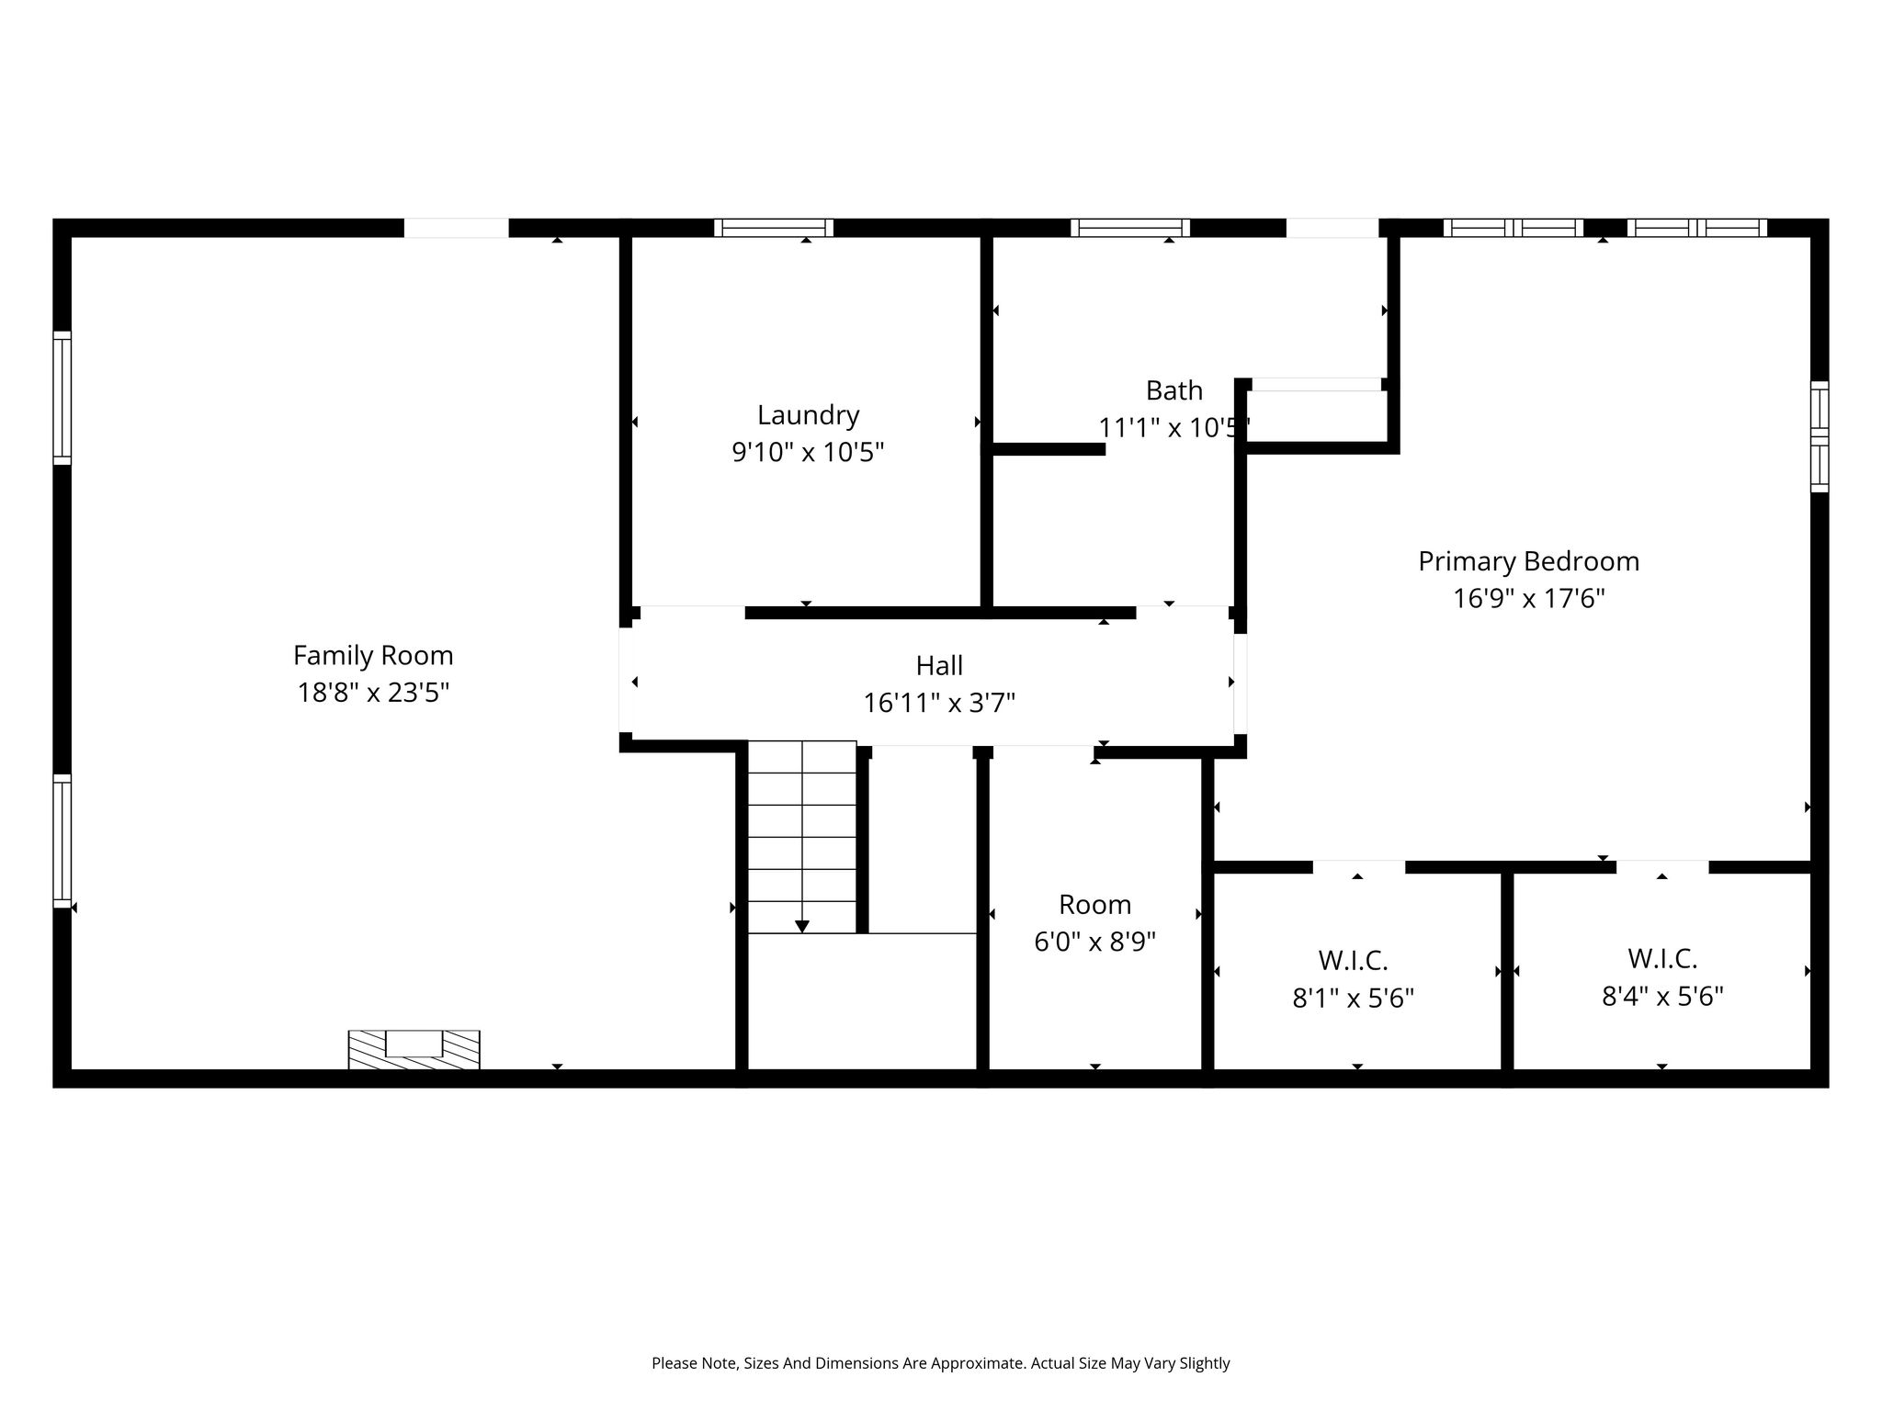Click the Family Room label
point(373,655)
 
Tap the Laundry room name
point(809,415)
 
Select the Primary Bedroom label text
point(1528,561)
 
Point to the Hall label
point(939,665)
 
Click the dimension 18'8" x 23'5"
point(373,693)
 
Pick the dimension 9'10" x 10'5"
point(808,453)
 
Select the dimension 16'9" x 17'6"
point(1528,599)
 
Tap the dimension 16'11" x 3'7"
point(939,704)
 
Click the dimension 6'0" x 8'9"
point(1094,943)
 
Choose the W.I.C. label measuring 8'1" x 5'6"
point(1353,961)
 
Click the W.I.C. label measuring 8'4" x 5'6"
point(1662,959)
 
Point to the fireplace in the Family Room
point(414,1049)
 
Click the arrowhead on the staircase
point(802,926)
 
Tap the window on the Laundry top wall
point(774,228)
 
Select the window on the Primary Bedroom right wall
point(1820,436)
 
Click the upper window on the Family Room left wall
point(62,398)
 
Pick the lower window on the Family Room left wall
point(62,841)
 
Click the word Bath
point(1174,390)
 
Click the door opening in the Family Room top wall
point(457,228)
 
